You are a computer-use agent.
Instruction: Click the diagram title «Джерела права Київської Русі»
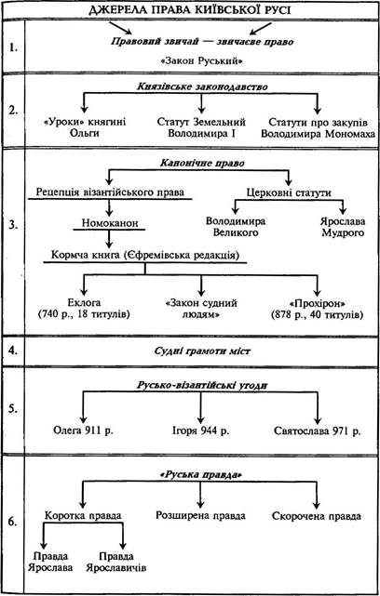189,9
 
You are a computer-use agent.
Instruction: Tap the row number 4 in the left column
12,351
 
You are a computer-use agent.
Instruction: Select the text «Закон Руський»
202,60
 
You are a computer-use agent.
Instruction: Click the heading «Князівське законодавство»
202,86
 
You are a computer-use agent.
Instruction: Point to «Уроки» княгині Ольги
85,127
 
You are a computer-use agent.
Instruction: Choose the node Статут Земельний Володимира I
201,127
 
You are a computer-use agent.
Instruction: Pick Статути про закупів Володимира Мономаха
318,128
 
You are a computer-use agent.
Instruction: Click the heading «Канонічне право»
202,163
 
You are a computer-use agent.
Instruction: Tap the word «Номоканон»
110,223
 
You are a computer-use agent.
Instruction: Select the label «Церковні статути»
289,192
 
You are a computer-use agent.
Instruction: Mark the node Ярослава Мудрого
343,227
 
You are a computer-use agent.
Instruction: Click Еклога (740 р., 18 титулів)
84,309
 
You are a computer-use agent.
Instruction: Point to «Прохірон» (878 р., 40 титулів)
317,309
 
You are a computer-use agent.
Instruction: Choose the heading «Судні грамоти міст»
202,351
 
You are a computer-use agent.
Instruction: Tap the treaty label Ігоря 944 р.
201,430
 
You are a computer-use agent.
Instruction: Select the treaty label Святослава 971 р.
318,431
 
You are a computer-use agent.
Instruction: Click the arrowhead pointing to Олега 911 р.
84,419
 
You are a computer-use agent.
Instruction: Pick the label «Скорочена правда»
317,516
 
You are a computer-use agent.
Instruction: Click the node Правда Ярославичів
116,563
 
